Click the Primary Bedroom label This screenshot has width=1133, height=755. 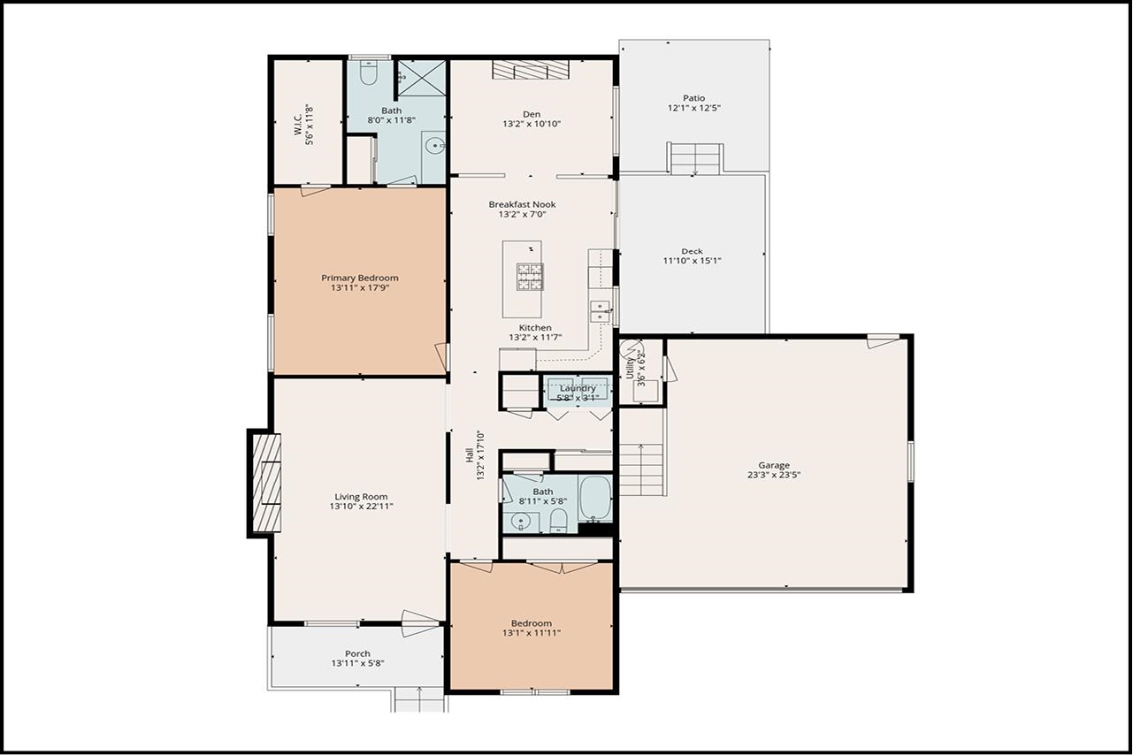coord(359,278)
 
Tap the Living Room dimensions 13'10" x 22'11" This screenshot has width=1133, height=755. coord(361,507)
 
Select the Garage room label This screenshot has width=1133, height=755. coord(773,465)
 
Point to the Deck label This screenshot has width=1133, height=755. coord(692,251)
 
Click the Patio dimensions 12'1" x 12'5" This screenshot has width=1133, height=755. coord(693,108)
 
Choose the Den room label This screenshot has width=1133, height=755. coord(531,113)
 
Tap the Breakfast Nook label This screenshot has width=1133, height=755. coord(522,204)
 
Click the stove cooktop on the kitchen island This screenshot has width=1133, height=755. coord(530,276)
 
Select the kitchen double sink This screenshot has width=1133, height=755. coord(600,311)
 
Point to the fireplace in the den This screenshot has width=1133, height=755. coord(530,70)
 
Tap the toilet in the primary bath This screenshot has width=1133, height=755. coord(370,72)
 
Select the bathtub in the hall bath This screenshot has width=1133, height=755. coord(594,499)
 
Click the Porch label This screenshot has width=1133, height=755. coord(357,653)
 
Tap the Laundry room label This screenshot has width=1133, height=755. coord(577,388)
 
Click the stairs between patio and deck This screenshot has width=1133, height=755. coord(695,159)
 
